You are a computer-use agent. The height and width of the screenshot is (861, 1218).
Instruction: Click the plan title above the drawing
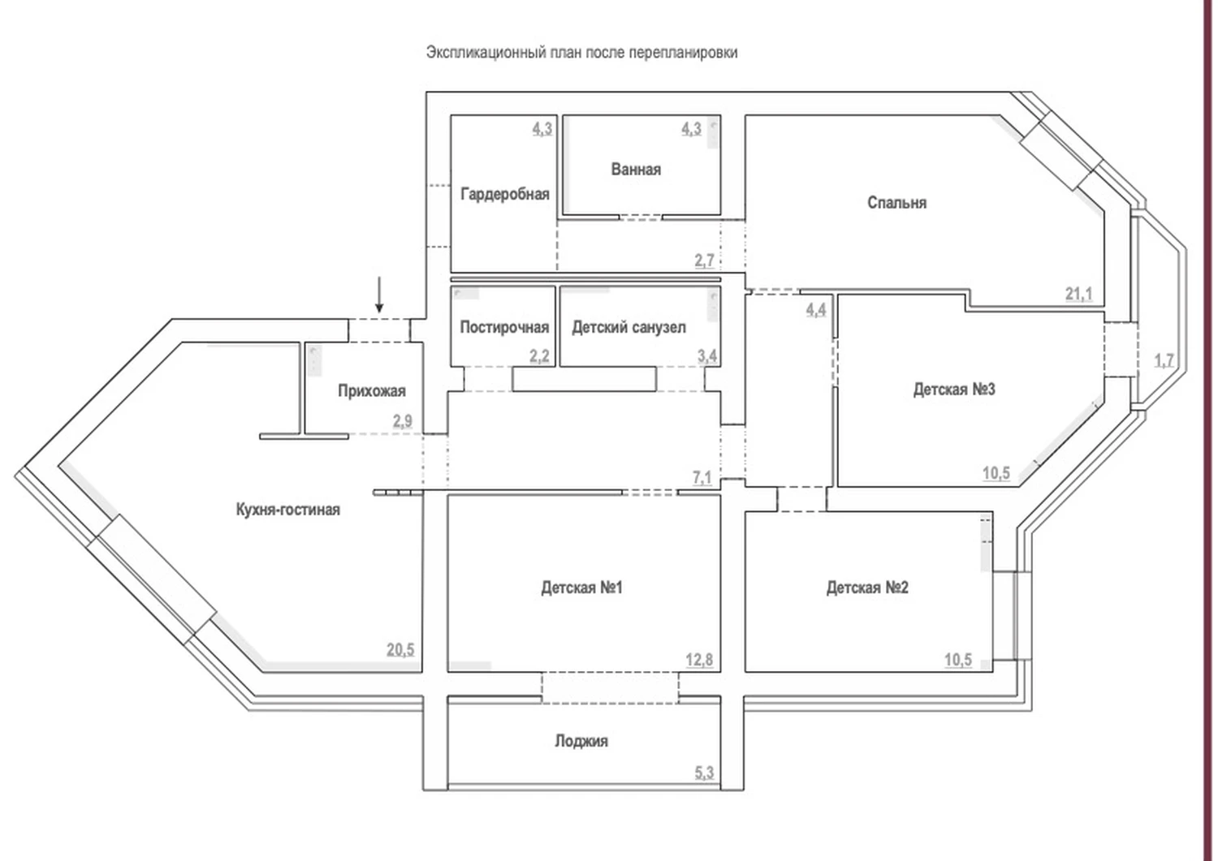click(x=582, y=53)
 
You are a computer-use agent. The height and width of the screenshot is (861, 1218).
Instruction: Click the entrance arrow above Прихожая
click(x=379, y=295)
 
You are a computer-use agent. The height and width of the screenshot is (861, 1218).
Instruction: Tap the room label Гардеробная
click(x=504, y=194)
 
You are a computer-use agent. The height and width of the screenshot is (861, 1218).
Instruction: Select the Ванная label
click(x=636, y=169)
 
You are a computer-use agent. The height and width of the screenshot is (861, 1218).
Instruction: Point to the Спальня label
click(x=896, y=203)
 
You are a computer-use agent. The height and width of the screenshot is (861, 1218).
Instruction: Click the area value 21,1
click(x=1078, y=294)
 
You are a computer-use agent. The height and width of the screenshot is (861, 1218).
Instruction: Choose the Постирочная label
click(x=504, y=327)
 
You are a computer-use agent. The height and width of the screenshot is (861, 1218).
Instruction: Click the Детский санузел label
click(x=628, y=327)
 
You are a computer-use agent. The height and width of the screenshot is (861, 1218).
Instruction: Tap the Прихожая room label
click(x=372, y=391)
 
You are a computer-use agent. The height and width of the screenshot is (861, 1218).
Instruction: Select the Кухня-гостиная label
click(x=287, y=510)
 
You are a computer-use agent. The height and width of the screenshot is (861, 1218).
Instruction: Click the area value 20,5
click(x=400, y=649)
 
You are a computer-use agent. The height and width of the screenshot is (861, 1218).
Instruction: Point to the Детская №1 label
click(x=581, y=588)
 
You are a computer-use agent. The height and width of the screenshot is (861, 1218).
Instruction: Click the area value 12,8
click(x=698, y=660)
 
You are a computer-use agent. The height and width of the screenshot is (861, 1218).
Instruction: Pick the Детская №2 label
click(x=867, y=588)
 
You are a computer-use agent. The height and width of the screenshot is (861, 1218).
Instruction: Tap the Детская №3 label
click(x=954, y=390)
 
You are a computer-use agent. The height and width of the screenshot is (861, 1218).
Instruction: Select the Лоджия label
click(x=581, y=741)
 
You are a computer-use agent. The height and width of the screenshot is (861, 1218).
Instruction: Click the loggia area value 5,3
click(x=704, y=773)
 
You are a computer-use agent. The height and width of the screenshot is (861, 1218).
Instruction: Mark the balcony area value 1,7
click(x=1164, y=360)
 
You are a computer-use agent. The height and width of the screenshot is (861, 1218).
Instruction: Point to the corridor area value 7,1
click(x=702, y=478)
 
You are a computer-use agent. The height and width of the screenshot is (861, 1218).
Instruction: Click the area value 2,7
click(x=704, y=260)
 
